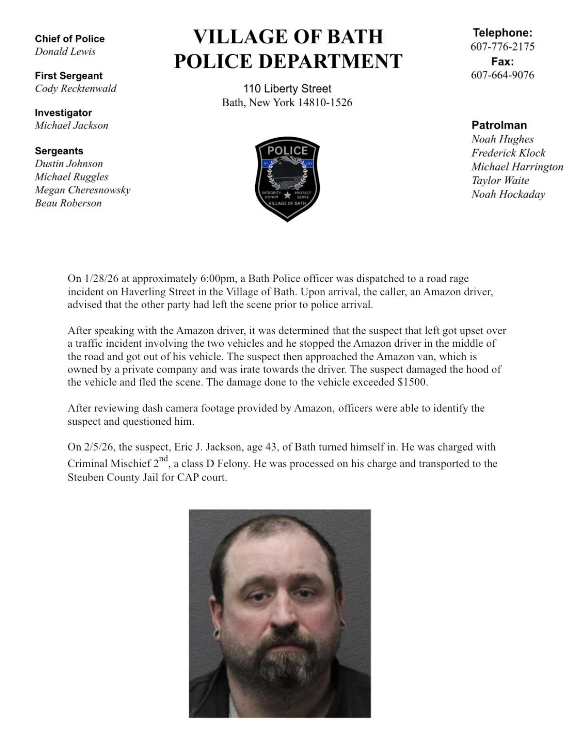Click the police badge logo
coord(287,179)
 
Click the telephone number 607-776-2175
coord(502,47)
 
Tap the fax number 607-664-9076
coord(502,75)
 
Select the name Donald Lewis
coord(65,51)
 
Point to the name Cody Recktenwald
coord(75,89)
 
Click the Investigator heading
coord(63,113)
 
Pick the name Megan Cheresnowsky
coord(82,190)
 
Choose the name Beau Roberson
coord(68,203)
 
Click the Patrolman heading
coord(499,125)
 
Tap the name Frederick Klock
coord(508,153)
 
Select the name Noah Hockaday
coord(508,194)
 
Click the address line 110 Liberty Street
coord(287,89)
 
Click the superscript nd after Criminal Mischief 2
coord(164,459)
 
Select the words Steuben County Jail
coord(113,477)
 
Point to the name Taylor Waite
coord(500,181)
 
